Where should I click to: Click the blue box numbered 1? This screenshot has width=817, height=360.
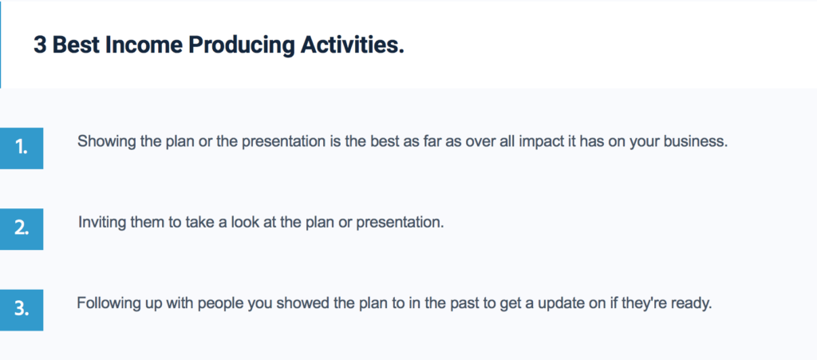point(22,148)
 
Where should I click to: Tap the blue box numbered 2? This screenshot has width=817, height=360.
point(22,229)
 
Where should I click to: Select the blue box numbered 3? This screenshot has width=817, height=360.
point(22,310)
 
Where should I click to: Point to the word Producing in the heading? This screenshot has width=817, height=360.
point(242,46)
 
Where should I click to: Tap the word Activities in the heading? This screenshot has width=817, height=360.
point(352,45)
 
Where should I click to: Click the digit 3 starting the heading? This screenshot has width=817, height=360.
point(40,45)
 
